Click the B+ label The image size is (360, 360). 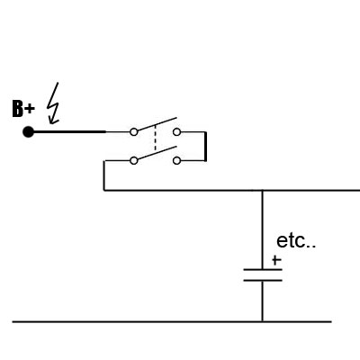pos(23,109)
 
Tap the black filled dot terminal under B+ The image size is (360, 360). pos(29,132)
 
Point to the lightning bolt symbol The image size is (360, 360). pos(53,103)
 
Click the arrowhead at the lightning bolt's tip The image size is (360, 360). pos(53,121)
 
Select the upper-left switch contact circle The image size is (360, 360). pos(134,132)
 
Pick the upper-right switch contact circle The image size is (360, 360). pos(177,132)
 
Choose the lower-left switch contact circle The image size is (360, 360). pos(134,161)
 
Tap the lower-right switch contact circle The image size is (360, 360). pos(177,161)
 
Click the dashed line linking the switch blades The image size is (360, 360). pos(155,138)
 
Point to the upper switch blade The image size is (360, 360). pos(157,124)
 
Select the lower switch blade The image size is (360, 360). pos(157,153)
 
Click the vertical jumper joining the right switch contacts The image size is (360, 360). pos(205,147)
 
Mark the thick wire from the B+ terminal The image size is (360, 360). pos(69,131)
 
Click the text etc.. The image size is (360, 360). pos(296,241)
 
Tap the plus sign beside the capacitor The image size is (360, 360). pos(276,260)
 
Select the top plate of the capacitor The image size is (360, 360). pos(263,270)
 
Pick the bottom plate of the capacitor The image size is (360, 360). pos(263,281)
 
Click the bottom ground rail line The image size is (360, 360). pos(172,321)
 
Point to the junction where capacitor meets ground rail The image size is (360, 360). pos(263,321)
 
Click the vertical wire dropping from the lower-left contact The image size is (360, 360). pos(104,175)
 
